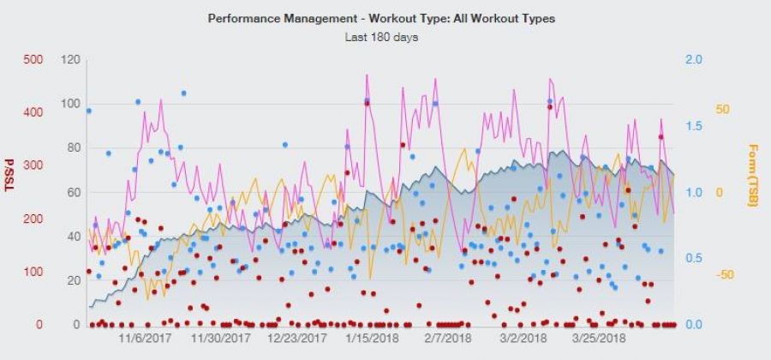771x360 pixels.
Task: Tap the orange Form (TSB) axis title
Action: tap(753, 175)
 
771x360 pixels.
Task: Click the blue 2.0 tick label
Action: tap(695, 60)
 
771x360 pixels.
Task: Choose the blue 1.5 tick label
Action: tap(695, 126)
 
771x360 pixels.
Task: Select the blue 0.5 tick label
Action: tap(695, 258)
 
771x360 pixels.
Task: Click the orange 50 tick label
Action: tap(721, 110)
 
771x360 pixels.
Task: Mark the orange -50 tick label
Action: tap(720, 274)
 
